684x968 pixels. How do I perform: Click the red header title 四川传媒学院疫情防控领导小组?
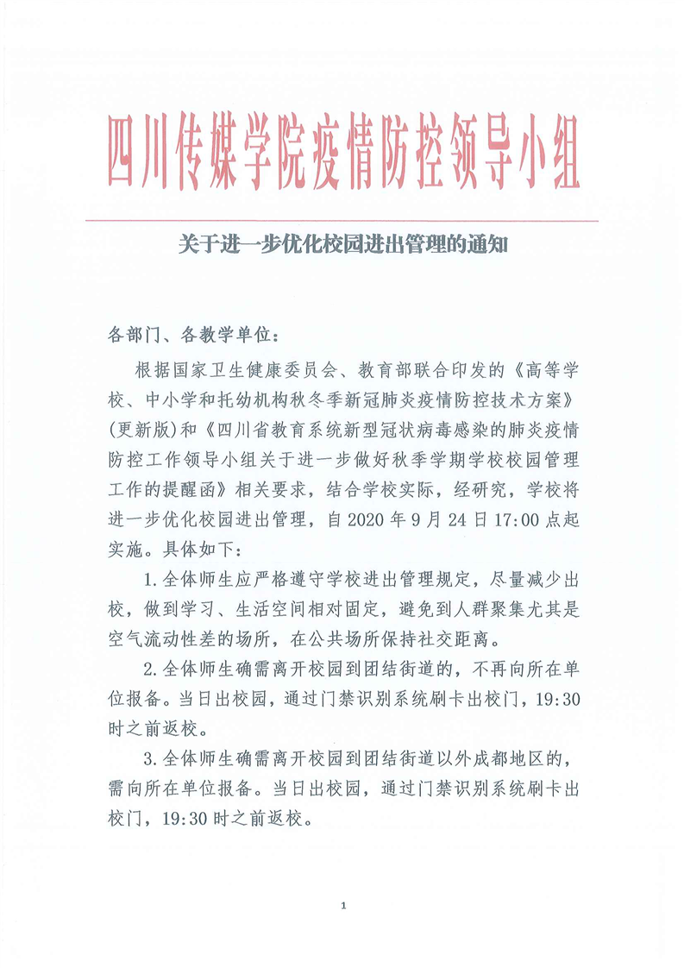(342, 152)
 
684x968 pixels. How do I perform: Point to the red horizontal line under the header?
(342, 221)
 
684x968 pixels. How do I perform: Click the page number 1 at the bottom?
(343, 905)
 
